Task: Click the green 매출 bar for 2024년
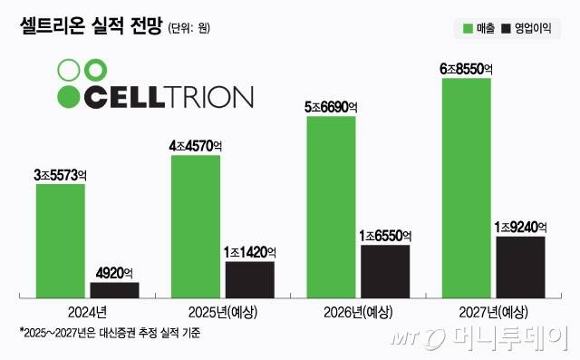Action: [x=61, y=241]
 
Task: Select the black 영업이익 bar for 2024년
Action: [x=115, y=290]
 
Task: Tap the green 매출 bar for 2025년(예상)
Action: [x=196, y=227]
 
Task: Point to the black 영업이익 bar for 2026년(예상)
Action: [x=385, y=271]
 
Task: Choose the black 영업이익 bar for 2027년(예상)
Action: [x=520, y=267]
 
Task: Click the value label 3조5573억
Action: [x=61, y=174]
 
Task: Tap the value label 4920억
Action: [x=114, y=272]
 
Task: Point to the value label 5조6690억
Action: [x=332, y=106]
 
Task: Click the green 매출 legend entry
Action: [x=480, y=29]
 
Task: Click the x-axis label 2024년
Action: [x=88, y=312]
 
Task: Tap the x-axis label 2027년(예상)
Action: [x=493, y=312]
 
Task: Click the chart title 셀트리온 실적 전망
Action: [x=90, y=28]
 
